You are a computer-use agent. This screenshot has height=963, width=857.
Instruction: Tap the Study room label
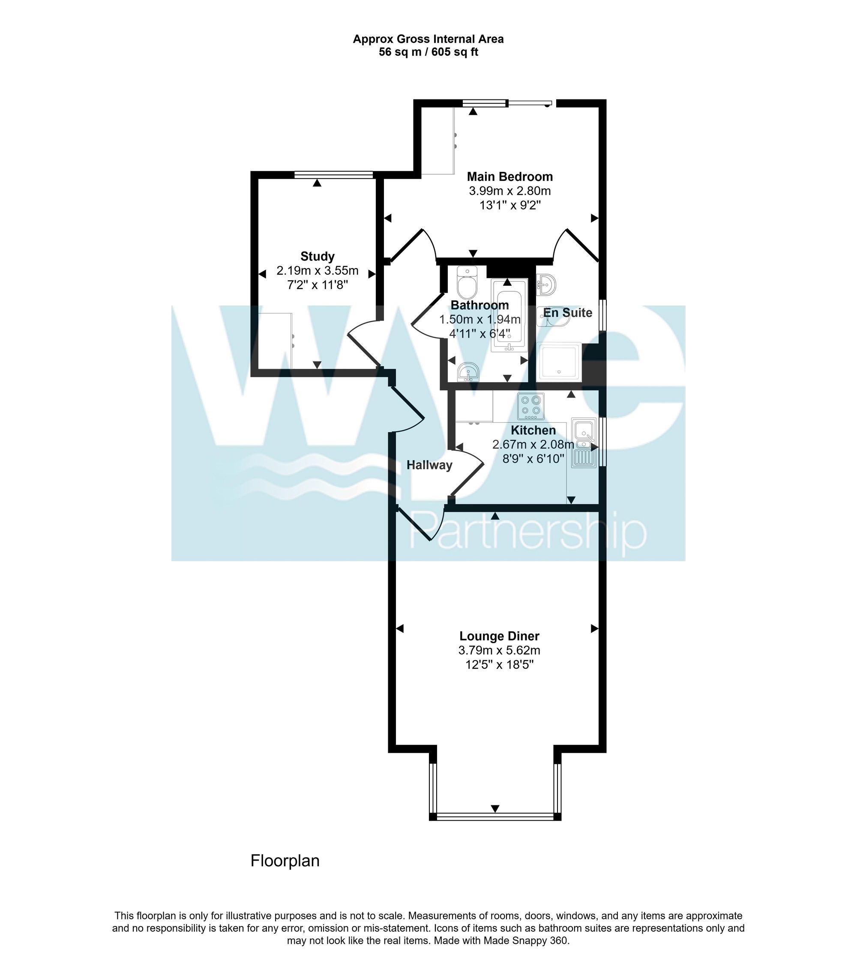pos(317,256)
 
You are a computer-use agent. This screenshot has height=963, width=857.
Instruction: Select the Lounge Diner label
pos(499,636)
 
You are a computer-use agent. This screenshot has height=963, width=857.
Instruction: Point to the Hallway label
pos(429,465)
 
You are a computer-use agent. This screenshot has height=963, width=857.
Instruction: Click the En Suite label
pos(567,312)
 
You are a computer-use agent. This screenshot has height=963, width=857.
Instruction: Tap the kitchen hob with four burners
pos(530,407)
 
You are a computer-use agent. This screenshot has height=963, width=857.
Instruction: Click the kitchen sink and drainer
pos(584,443)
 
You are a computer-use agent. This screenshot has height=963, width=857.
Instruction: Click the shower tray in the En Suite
pos(559,362)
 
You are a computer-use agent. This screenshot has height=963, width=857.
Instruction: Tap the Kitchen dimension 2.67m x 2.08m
pos(533,444)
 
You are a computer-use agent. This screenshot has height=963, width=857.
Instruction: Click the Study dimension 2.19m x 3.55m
pos(317,271)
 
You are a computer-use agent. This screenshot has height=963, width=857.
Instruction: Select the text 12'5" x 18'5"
pos(499,665)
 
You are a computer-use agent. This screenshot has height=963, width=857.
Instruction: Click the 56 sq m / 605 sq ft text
pos(428,52)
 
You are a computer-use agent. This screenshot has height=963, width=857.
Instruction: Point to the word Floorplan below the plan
pos(285,861)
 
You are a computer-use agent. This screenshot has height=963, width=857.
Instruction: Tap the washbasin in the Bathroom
pos(468,372)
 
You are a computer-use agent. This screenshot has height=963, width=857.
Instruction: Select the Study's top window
pos(333,175)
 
